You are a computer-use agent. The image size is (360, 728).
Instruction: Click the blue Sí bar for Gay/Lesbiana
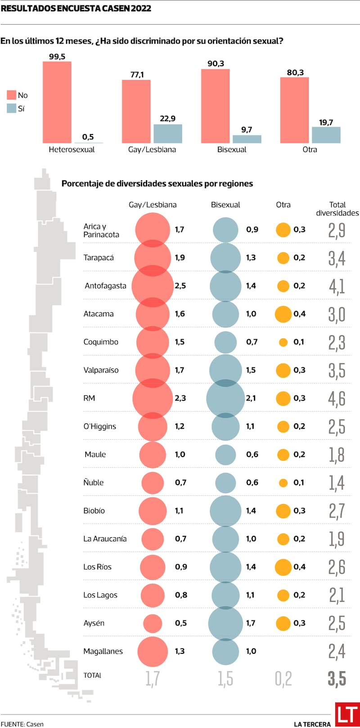167,134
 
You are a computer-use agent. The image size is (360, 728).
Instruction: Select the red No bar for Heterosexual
57,102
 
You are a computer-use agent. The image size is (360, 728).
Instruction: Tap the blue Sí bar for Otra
326,135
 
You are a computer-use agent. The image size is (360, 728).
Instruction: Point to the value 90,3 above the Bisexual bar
216,64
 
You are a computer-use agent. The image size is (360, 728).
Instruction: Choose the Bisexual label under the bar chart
232,150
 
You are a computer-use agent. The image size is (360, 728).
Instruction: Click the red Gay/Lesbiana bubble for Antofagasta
153,286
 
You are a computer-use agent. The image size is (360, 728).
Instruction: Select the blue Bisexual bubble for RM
225,398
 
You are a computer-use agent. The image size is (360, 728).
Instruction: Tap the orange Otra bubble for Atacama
283,314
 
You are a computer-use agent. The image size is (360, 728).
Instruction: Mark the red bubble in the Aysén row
153,623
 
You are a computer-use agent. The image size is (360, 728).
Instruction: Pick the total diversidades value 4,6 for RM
337,399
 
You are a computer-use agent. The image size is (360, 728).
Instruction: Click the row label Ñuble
94,482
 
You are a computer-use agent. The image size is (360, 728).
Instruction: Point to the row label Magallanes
103,651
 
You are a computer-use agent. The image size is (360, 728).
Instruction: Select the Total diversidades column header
337,209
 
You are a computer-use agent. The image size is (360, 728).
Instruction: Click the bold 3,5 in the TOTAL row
337,679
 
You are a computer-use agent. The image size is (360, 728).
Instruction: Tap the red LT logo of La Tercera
346,714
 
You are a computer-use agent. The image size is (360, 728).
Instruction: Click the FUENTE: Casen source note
22,724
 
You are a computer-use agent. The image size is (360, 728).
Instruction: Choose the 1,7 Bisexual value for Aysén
251,623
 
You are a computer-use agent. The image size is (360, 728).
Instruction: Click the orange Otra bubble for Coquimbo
283,342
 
